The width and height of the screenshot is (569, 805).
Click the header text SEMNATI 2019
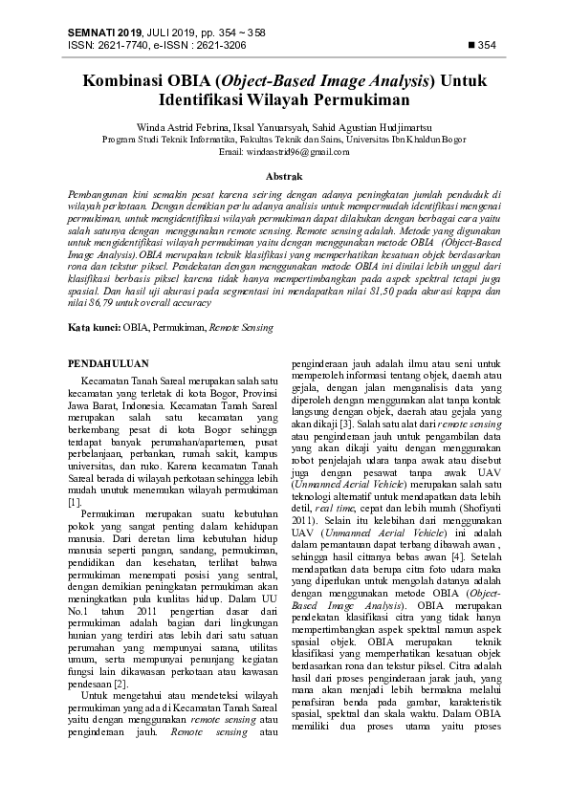[104, 33]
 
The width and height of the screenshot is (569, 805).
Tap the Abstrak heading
[284, 177]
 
